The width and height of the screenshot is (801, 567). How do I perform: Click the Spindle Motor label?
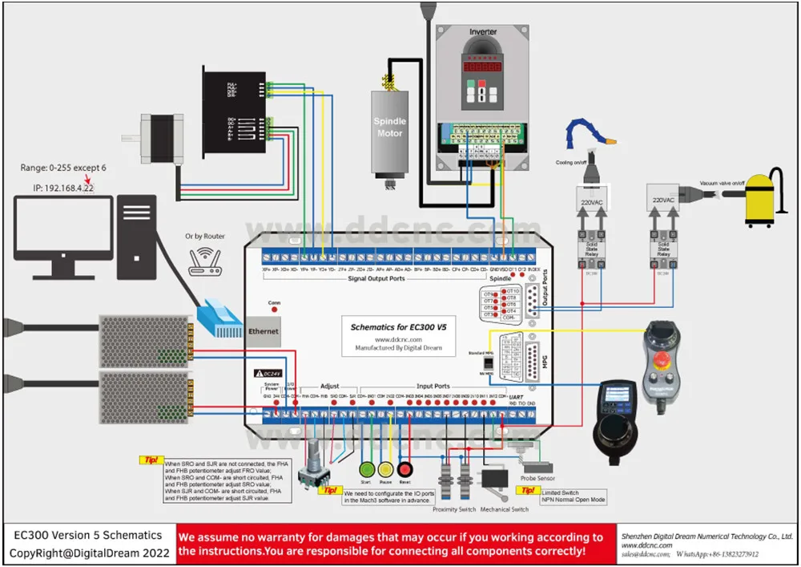[x=390, y=127]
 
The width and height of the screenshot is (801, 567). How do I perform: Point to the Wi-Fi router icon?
[x=203, y=263]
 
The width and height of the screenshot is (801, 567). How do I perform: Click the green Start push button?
[x=367, y=471]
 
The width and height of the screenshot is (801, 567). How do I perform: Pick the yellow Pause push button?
[x=386, y=471]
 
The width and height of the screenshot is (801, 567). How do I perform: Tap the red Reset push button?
[x=405, y=471]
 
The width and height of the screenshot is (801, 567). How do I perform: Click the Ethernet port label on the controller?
[x=264, y=331]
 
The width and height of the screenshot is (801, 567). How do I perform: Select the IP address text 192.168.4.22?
[x=58, y=187]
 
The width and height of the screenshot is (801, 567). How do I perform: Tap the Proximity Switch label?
[x=454, y=509]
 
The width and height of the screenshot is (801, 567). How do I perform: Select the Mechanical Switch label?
[x=504, y=509]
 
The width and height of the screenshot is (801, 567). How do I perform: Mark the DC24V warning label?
[x=268, y=373]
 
